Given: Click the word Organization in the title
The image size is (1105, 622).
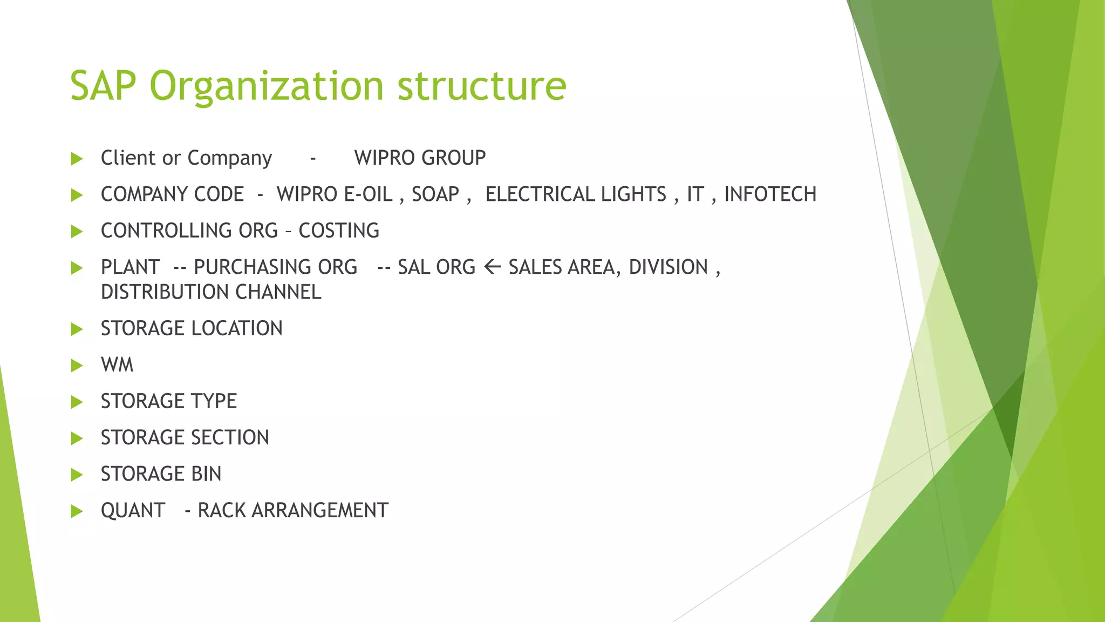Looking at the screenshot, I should (x=267, y=86).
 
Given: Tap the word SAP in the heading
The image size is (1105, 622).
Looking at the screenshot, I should (x=103, y=86).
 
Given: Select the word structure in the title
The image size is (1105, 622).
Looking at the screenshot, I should (x=482, y=86).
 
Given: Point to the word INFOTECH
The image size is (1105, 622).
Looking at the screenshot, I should (x=770, y=194).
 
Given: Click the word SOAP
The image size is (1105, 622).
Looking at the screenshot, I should (x=435, y=194).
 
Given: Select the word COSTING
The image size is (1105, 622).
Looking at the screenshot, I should (x=339, y=231).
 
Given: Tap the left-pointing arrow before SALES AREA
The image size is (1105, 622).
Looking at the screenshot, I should (x=492, y=267).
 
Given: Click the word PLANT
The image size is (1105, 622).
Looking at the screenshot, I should (x=130, y=267).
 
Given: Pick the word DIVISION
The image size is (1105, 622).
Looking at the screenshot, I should (x=668, y=267).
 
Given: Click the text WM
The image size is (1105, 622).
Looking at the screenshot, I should (x=117, y=365).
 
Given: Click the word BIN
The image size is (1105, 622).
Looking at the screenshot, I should (x=206, y=474).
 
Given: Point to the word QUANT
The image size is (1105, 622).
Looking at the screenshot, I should (x=133, y=511).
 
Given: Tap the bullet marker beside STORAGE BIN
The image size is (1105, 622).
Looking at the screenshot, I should (x=77, y=475).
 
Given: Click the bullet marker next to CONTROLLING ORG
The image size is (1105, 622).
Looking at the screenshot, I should (x=77, y=232).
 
